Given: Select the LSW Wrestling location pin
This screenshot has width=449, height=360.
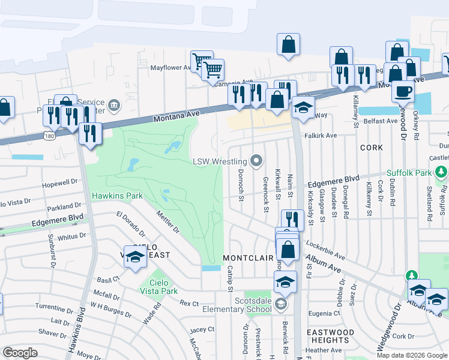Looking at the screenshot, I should [257, 161].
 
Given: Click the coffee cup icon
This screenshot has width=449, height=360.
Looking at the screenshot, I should [403, 91].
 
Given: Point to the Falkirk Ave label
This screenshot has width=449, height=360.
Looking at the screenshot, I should [321, 136].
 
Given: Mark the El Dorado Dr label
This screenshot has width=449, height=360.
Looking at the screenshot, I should [131, 221].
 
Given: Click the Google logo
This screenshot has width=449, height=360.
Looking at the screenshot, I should [20, 353].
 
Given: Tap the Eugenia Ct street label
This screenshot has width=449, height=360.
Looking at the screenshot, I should [324, 313].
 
